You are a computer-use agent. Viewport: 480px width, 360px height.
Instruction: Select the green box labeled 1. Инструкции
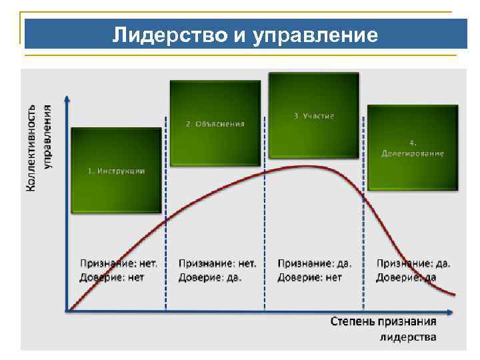[x=116, y=170]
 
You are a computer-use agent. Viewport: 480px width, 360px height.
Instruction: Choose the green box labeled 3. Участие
[x=313, y=115]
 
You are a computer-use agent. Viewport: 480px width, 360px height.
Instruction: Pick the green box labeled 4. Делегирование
[x=413, y=148]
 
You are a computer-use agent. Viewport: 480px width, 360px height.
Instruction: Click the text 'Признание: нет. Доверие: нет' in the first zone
[x=119, y=270]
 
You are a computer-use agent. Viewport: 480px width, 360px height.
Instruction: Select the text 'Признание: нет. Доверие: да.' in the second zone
[x=217, y=270]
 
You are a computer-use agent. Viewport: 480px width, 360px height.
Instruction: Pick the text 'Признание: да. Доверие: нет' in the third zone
[x=314, y=270]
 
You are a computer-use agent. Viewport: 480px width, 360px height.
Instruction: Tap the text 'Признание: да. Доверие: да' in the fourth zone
[x=413, y=270]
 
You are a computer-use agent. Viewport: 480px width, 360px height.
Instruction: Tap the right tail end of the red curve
[x=456, y=294]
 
